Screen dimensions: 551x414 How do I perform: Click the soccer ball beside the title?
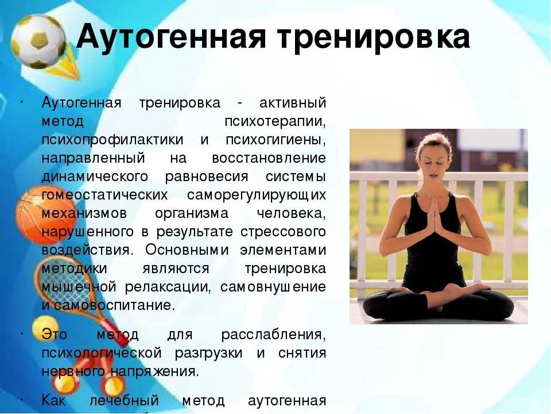38,41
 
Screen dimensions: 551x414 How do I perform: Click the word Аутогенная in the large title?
171,36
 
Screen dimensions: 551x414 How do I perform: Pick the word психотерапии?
275,121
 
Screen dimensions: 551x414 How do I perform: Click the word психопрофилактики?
112,140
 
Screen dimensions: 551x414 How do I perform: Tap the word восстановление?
269,158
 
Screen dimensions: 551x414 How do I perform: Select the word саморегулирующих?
257,195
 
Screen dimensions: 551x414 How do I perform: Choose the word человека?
292,213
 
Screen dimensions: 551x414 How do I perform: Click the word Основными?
187,250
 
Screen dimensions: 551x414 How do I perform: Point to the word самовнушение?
273,287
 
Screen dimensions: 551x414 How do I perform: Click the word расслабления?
274,335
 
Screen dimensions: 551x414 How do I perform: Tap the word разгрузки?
209,353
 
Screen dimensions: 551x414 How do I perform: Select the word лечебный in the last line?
125,401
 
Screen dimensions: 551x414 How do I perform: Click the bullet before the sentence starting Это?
22,333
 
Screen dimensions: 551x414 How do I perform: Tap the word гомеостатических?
104,195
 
